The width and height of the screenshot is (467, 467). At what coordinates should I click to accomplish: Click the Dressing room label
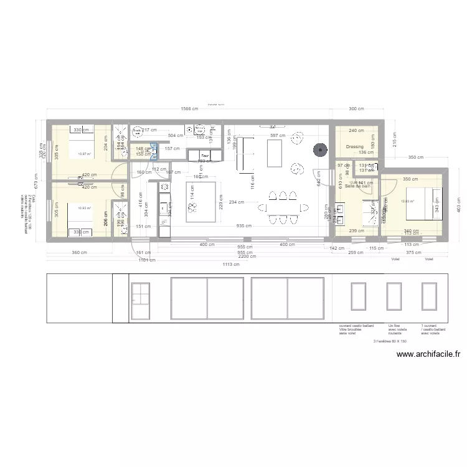[355, 147]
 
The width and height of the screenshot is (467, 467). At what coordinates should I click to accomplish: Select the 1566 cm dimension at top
[189, 109]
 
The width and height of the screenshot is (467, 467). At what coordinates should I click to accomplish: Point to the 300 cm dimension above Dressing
[357, 109]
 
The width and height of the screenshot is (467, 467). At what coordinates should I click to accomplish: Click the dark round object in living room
[320, 149]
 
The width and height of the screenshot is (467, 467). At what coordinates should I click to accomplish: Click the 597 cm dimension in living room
[277, 136]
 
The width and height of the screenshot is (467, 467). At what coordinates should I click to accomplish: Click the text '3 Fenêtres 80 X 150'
[389, 341]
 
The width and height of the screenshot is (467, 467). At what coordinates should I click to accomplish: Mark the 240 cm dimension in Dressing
[356, 131]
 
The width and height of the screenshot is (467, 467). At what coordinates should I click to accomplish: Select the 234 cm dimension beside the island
[236, 202]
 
